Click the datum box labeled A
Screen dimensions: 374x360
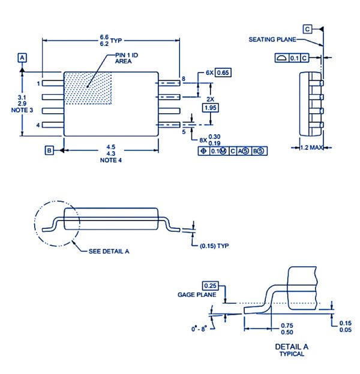[22, 58]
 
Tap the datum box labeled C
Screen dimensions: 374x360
[307, 29]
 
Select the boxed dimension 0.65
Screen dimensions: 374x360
[223, 73]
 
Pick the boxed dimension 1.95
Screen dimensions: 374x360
[211, 107]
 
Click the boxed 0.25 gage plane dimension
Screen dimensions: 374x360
[209, 285]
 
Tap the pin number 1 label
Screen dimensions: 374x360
[38, 84]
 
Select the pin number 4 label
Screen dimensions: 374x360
[38, 125]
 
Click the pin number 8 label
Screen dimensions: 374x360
[184, 79]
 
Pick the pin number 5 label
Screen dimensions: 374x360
[184, 132]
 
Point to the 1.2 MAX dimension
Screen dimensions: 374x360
[311, 147]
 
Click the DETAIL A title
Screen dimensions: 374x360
[292, 347]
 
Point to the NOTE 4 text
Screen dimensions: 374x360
[110, 160]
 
